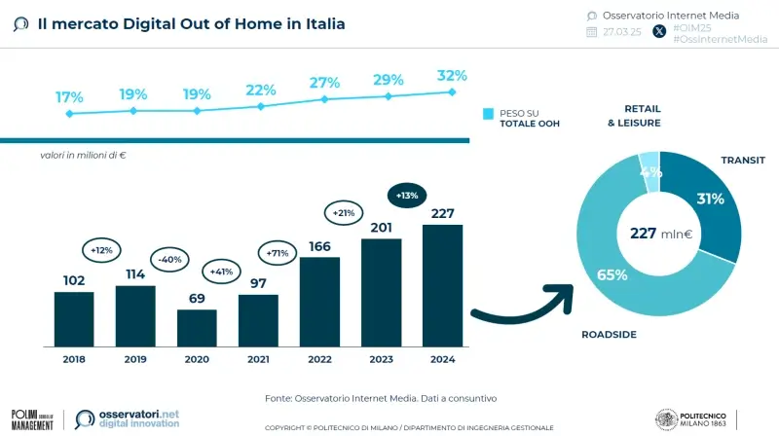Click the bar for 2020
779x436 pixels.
point(197,328)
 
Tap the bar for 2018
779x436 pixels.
point(74,318)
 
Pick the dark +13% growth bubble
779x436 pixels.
point(408,196)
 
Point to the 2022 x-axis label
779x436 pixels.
point(319,359)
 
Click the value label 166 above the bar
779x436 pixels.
point(319,246)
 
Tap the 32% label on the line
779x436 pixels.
point(452,75)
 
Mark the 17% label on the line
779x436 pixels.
point(69,97)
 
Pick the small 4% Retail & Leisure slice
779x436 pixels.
point(649,169)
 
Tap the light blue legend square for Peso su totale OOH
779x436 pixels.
point(489,114)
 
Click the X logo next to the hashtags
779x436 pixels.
point(659,31)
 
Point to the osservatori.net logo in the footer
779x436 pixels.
point(128,418)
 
